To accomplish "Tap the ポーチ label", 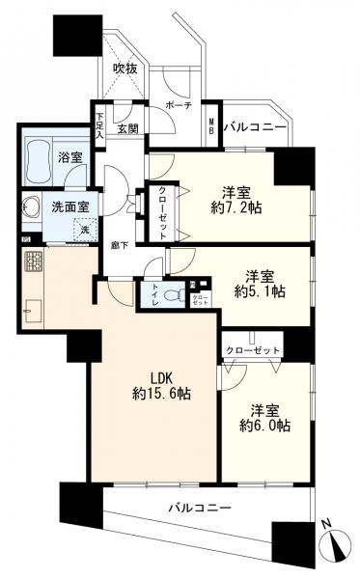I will pos(179,105).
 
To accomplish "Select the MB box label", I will pos(211,124).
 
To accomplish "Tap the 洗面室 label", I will pos(69,206).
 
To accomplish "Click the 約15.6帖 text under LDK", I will pos(159,393).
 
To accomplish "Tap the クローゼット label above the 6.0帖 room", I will pos(253,348).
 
